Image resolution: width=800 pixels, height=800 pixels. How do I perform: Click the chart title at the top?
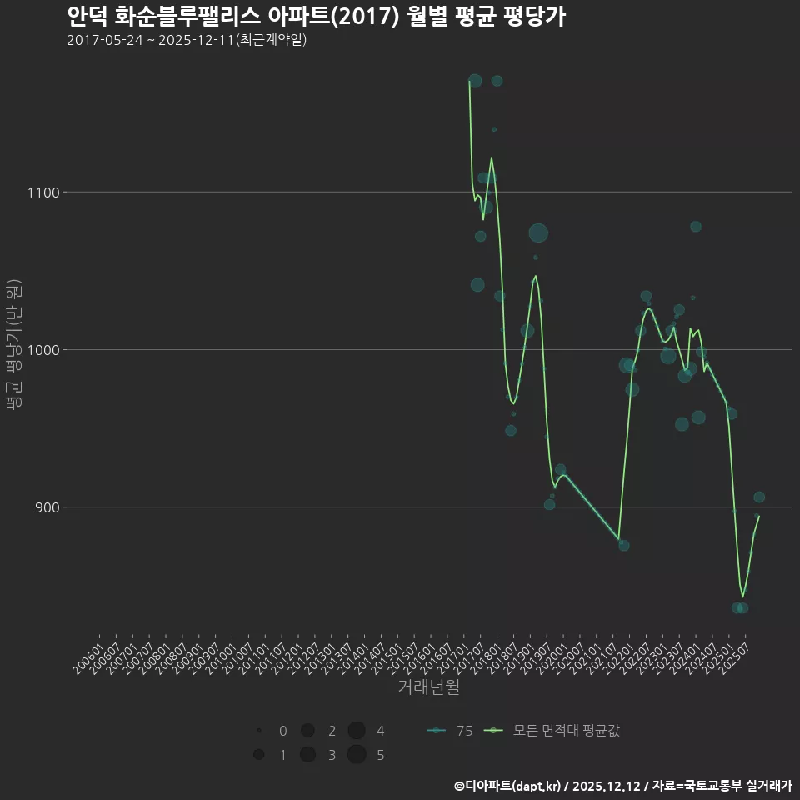[316, 17]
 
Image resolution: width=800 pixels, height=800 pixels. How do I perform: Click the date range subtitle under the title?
[187, 40]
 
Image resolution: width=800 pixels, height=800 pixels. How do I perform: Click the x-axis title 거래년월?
[428, 687]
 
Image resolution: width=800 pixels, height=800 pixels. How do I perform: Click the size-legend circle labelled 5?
[357, 755]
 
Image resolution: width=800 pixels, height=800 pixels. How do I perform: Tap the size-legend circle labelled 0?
[259, 731]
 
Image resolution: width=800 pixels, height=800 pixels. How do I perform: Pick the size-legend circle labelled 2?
[307, 731]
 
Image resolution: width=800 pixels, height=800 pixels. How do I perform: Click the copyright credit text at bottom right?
[622, 786]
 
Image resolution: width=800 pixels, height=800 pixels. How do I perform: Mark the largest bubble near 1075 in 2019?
[538, 233]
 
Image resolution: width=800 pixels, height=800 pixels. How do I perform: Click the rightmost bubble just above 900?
[759, 497]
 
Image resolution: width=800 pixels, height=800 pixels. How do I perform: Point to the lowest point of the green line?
[742, 596]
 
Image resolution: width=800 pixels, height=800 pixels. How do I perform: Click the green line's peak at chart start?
[470, 82]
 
